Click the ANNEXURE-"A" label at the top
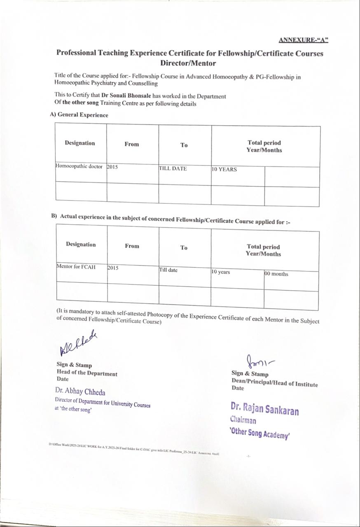303,40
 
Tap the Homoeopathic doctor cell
79,167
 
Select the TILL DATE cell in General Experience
173,169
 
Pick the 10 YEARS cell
224,169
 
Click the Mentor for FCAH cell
76,267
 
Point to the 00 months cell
276,274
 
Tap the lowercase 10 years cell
221,272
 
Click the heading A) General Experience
79,115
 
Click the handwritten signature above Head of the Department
78,343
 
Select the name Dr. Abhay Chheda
80,392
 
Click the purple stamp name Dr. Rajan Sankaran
265,409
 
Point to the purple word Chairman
243,420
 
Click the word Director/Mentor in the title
188,63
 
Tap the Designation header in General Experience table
79,143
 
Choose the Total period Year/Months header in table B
263,250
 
